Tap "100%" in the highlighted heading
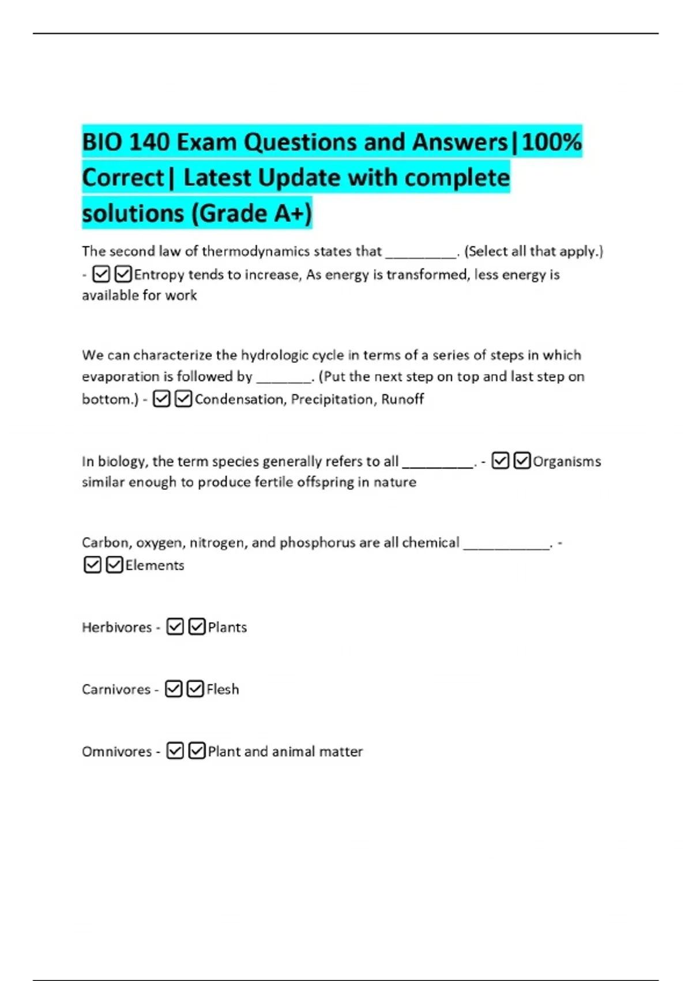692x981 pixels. click(551, 142)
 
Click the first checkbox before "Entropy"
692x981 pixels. click(101, 274)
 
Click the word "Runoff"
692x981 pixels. click(403, 399)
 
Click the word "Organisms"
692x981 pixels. click(567, 461)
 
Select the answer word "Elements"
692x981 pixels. click(155, 566)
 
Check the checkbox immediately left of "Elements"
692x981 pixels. click(115, 565)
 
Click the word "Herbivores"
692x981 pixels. click(116, 627)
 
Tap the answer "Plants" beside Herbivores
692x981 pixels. click(227, 627)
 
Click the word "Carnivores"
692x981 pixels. click(116, 690)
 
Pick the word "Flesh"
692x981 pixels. click(223, 690)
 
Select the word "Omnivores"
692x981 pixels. click(116, 752)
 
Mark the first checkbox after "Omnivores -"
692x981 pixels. click(175, 751)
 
